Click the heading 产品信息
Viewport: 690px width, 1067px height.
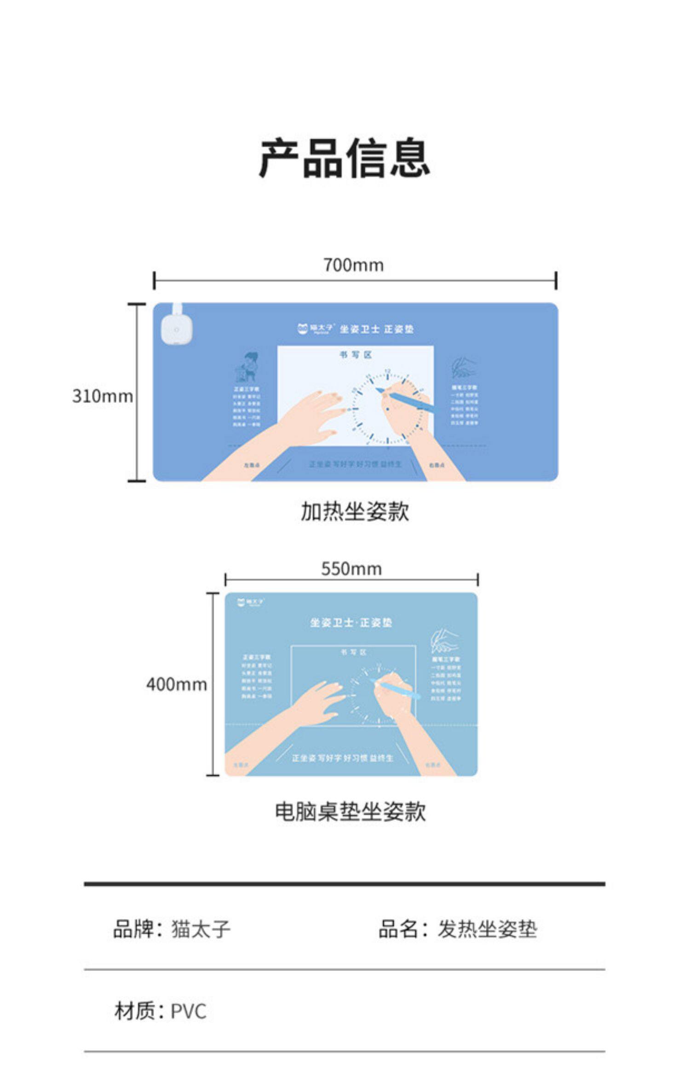tap(344, 158)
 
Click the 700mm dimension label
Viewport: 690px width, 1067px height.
tap(353, 265)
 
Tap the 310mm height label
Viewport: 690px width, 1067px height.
tap(102, 396)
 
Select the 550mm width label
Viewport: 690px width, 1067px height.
tap(351, 569)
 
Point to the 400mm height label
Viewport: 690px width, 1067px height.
tap(176, 685)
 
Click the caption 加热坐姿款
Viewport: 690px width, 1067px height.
tap(354, 511)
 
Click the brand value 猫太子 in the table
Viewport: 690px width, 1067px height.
tap(201, 929)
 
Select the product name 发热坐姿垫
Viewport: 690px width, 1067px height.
tap(487, 929)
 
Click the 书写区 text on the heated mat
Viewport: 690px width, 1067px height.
tap(355, 355)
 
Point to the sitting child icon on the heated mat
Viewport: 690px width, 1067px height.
tap(247, 368)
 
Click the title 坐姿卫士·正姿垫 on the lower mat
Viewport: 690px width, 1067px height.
tap(351, 623)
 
